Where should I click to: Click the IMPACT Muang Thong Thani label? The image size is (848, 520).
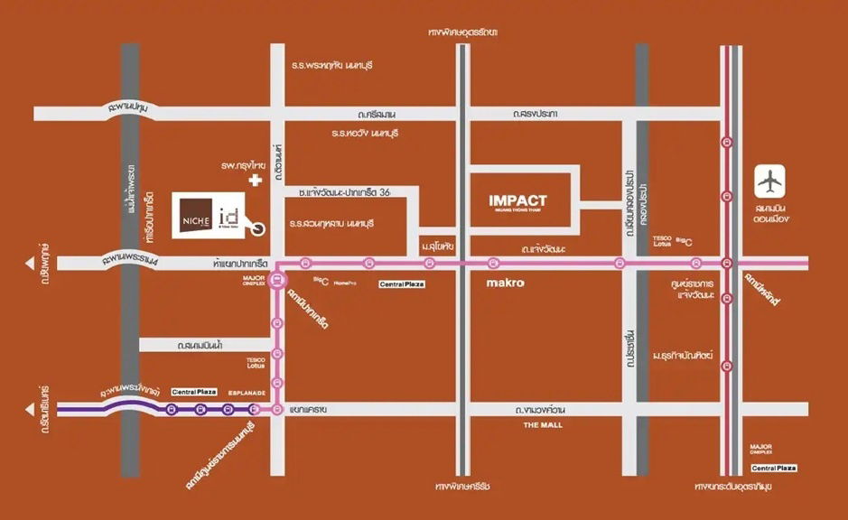coord(517,201)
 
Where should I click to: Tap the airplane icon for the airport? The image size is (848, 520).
coord(770,181)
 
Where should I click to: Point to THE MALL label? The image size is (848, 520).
coord(543,423)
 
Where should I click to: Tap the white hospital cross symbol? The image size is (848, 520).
coord(256,181)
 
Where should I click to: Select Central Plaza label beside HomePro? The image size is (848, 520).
coord(401,283)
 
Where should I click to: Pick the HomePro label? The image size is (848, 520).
coord(342,283)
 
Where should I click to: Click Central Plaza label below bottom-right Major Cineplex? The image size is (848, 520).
coord(774,468)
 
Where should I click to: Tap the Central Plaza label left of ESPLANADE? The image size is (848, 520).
coord(194,392)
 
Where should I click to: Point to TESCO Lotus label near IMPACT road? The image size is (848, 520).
coord(663,241)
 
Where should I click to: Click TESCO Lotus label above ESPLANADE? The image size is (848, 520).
coord(256,363)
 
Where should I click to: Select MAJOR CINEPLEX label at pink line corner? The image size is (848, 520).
coord(254,281)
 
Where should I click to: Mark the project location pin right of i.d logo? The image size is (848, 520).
coord(259,229)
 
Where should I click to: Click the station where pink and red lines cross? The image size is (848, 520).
coord(726,264)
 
